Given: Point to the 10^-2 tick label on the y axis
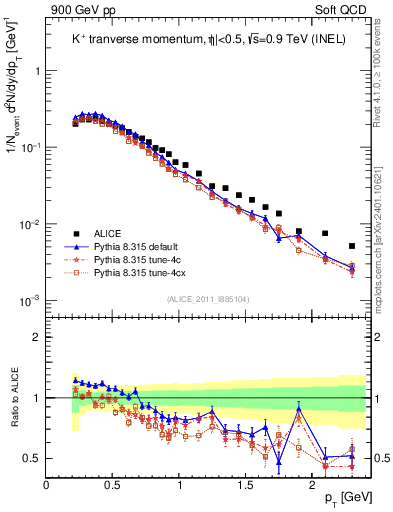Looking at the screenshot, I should click(x=30, y=223).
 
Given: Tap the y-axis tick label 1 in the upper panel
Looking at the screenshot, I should click(x=37, y=72).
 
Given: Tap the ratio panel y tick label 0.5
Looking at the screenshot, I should click(x=32, y=459).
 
